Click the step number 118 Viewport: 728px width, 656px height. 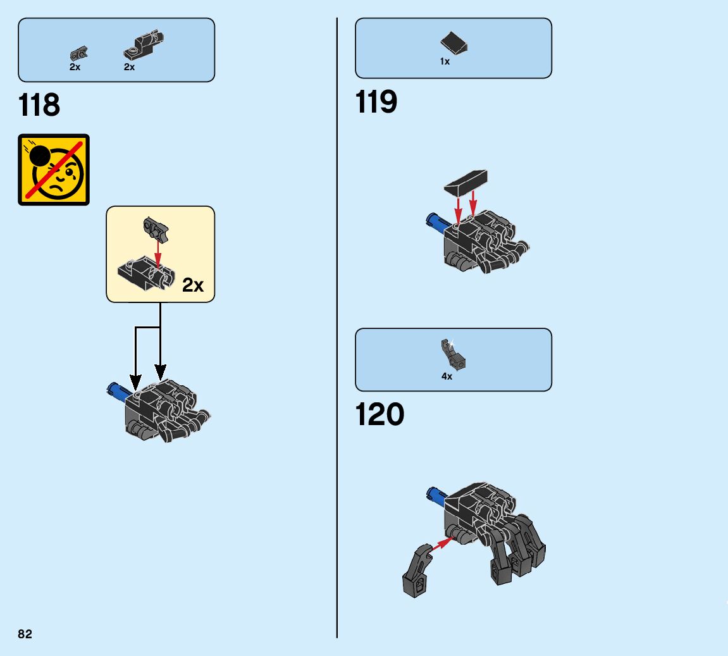coord(39,105)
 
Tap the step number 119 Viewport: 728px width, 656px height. coord(376,102)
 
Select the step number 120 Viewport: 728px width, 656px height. coord(379,415)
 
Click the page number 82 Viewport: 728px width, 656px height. coord(25,634)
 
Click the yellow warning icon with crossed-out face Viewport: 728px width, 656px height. coord(54,170)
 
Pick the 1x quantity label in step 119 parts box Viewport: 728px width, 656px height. coord(445,62)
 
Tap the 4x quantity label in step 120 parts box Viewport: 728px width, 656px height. coord(447,376)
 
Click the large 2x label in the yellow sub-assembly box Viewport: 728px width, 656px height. coord(193,285)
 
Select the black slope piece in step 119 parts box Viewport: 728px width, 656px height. coord(454,44)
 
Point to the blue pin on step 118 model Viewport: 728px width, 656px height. coord(118,391)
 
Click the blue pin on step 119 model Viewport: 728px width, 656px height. coord(437,221)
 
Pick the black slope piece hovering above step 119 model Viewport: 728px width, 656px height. coord(466,182)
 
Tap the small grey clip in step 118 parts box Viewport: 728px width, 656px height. coord(79,52)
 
